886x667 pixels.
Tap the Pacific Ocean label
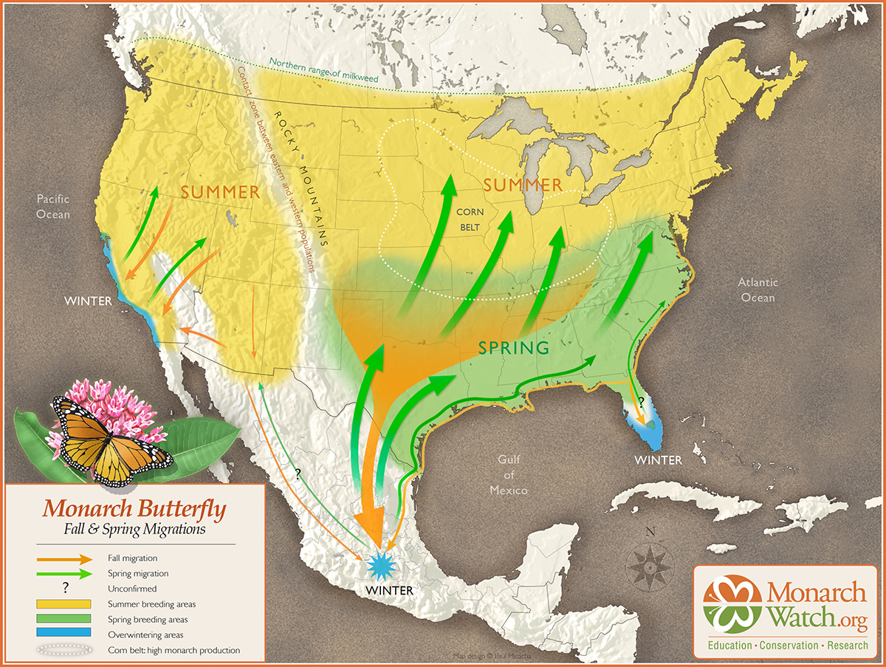[53, 206]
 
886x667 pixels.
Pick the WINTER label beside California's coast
[88, 301]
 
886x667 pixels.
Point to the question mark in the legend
[66, 589]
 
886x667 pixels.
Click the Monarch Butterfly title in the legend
[134, 509]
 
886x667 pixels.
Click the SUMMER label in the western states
[220, 192]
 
